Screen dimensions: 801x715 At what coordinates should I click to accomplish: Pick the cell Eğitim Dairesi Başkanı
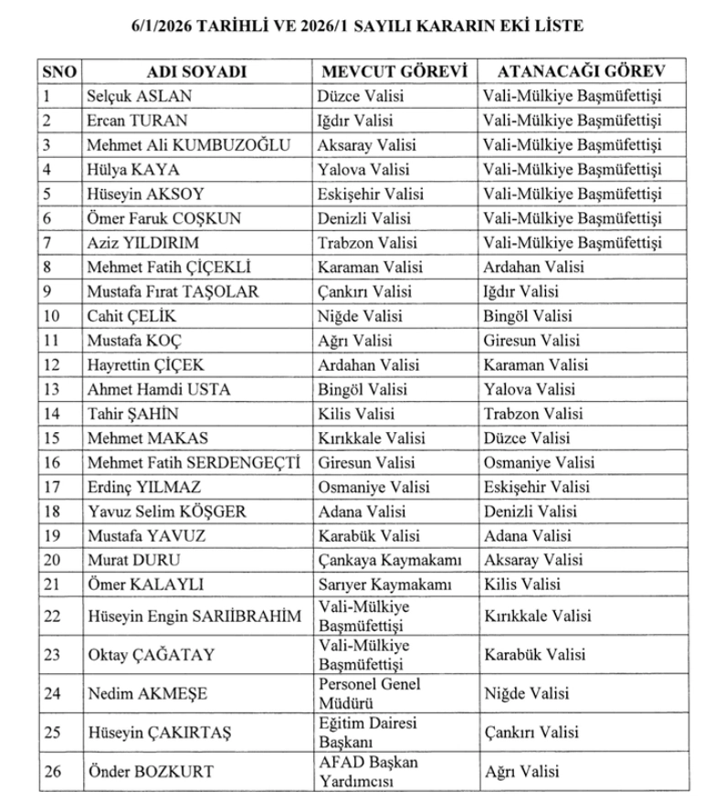point(367,732)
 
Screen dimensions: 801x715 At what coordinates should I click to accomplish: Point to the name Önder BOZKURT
point(150,772)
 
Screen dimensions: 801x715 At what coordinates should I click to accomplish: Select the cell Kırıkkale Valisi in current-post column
point(372,437)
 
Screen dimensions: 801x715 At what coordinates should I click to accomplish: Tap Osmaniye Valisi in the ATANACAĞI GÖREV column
point(539,462)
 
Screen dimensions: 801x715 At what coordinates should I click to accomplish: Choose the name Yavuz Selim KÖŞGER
point(166,511)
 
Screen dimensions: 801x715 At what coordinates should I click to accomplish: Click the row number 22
point(52,617)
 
